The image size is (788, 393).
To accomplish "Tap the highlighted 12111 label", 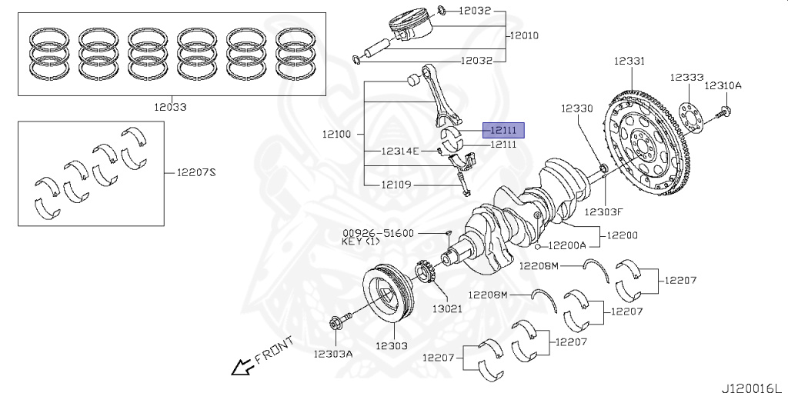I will point(503,130).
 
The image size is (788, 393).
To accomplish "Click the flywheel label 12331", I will point(629,61).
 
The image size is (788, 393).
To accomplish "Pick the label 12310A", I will point(723,85).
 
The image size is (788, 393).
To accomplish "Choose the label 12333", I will point(686,78).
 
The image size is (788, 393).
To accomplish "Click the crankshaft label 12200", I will point(622,235).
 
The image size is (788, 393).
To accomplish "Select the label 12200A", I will point(567,246).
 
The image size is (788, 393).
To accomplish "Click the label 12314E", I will point(400,151).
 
